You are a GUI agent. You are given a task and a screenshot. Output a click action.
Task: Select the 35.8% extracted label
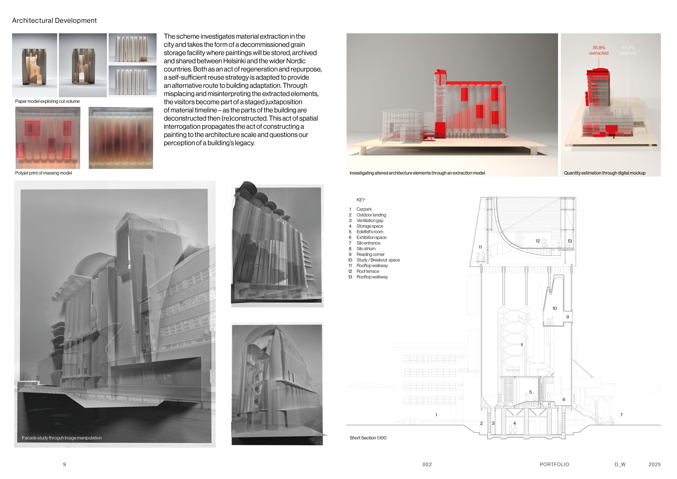tap(599, 50)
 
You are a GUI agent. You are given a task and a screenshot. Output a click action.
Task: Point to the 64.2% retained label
tap(628, 50)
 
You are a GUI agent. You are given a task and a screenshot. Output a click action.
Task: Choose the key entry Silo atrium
tap(366, 249)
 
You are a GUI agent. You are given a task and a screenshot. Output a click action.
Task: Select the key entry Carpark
tap(364, 209)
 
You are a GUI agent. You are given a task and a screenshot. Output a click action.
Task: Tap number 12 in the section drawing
tap(538, 241)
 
